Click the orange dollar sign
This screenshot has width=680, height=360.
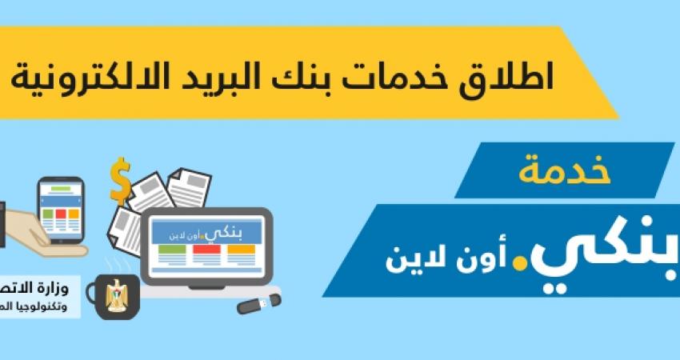tap(121, 182)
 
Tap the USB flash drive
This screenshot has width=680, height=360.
tap(258, 304)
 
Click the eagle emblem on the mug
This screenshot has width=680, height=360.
tap(122, 295)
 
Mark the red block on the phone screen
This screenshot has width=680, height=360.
tap(61, 214)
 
